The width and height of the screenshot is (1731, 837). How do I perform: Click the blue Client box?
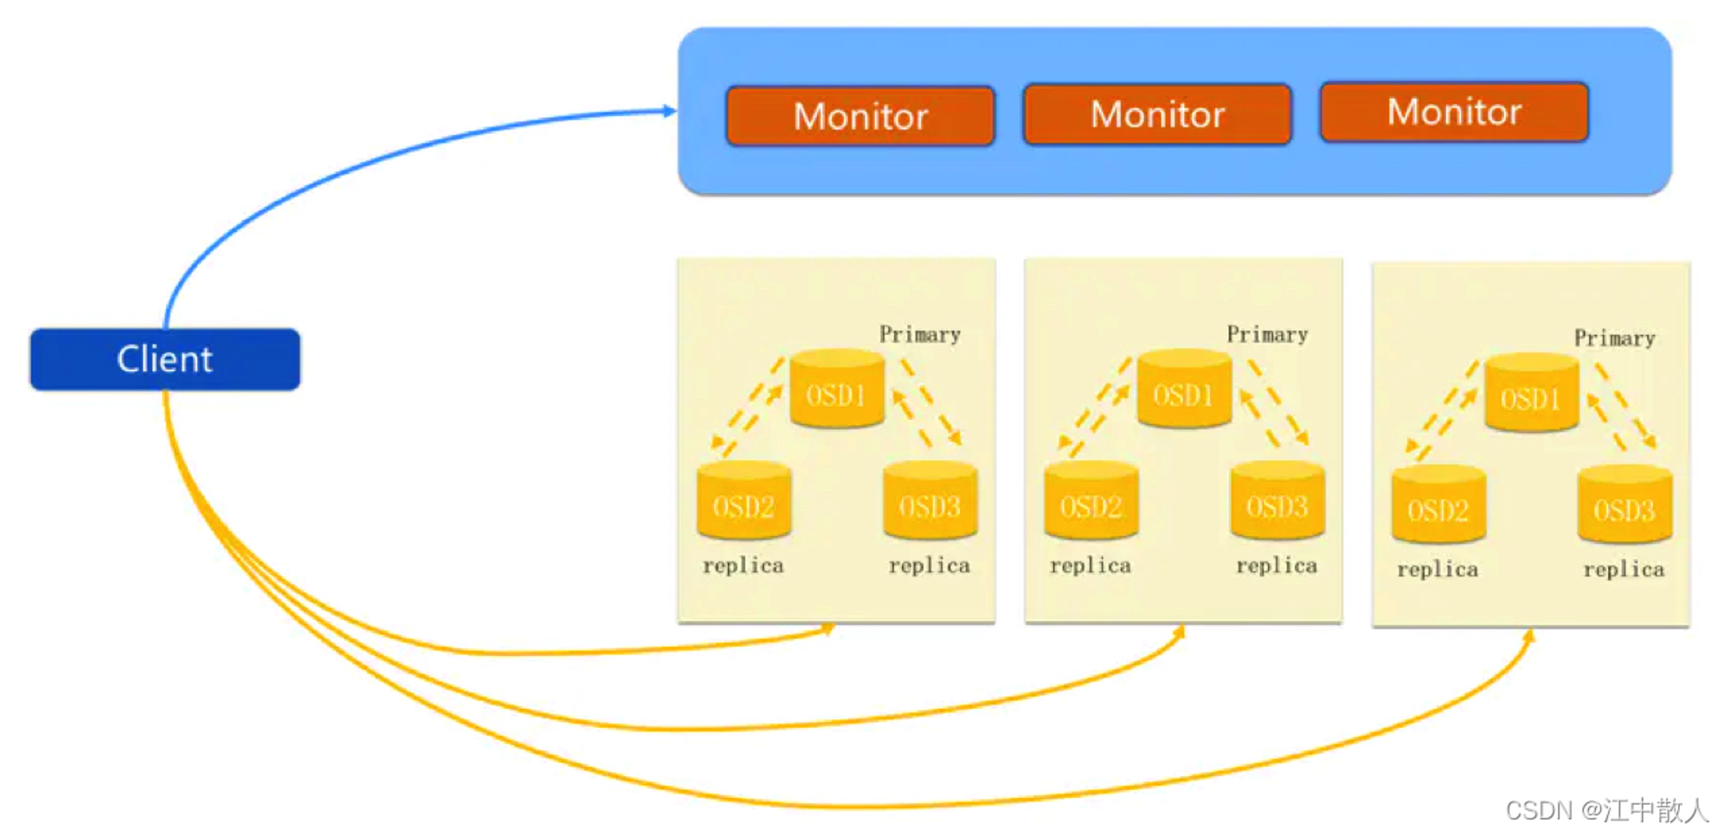[165, 359]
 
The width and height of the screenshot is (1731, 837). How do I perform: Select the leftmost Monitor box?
[860, 115]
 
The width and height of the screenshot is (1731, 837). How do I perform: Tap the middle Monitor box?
[1157, 113]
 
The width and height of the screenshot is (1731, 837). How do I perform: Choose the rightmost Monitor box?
[1454, 112]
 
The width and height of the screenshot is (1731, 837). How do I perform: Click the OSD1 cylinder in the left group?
[837, 389]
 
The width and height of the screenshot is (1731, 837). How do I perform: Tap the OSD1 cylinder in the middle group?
[1184, 389]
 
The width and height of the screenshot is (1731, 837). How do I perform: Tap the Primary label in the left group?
[920, 335]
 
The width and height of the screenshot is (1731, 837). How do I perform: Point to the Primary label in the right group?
[1615, 338]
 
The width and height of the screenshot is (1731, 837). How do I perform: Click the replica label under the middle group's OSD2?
[1091, 566]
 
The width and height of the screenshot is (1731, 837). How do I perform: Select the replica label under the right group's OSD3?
[1624, 570]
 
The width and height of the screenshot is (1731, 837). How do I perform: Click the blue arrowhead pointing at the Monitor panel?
[669, 111]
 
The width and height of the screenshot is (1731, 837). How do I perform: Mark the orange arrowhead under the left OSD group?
[828, 629]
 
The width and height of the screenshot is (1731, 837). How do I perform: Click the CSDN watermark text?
[1607, 810]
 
